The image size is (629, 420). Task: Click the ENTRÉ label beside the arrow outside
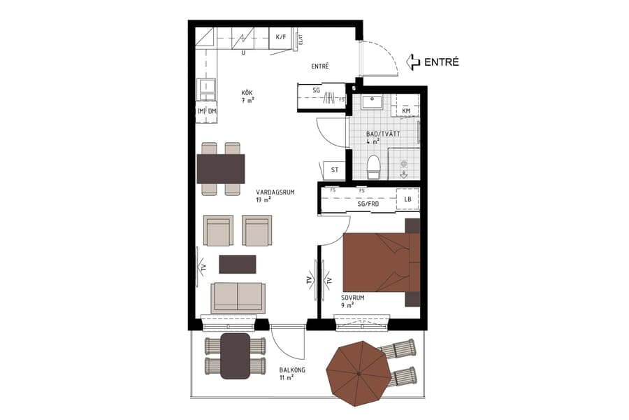442,62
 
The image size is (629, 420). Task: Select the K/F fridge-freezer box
281,37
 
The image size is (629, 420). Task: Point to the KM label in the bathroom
406,111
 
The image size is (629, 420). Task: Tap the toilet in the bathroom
374,167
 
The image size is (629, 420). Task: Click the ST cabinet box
335,169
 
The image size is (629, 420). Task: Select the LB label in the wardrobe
407,199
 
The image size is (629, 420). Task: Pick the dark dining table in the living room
221,169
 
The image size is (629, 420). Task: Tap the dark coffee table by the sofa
238,263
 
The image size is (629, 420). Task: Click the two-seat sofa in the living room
238,297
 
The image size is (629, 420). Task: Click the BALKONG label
291,372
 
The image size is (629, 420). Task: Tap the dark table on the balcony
236,356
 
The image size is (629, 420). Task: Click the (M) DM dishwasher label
207,111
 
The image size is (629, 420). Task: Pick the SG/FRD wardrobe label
368,204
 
